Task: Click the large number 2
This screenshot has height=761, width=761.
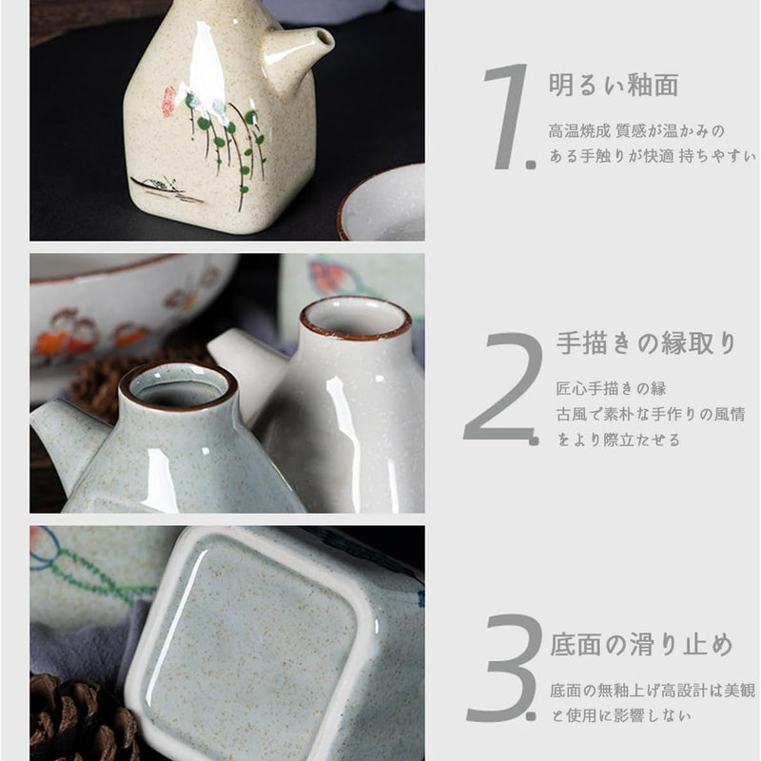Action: (x=502, y=388)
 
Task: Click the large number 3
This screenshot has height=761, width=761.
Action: (x=504, y=666)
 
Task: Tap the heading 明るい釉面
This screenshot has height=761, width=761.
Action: (x=614, y=85)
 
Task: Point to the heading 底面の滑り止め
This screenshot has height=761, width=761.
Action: (x=642, y=645)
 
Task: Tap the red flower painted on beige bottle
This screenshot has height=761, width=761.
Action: (x=169, y=100)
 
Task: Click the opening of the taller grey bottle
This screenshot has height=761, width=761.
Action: (x=356, y=318)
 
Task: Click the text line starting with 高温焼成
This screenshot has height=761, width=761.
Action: (x=636, y=130)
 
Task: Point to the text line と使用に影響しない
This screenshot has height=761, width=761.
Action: (x=625, y=715)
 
